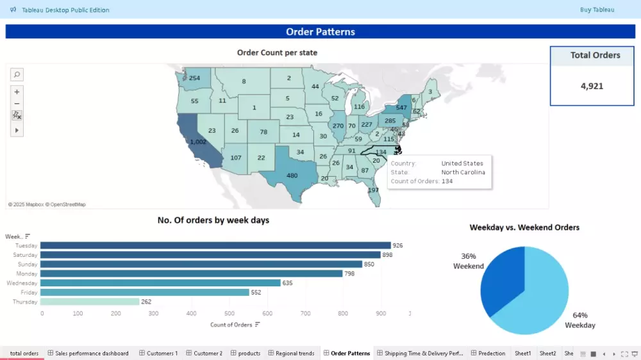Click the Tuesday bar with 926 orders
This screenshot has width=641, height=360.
[215, 245]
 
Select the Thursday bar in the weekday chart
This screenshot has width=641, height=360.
[90, 302]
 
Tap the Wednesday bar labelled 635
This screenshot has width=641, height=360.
[160, 283]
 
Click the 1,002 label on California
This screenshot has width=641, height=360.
[198, 142]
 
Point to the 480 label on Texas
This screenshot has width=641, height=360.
[292, 176]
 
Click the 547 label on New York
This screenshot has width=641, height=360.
[401, 108]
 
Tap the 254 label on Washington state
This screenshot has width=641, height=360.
[195, 78]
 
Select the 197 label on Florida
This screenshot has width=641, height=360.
[374, 190]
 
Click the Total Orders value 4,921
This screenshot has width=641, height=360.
[592, 86]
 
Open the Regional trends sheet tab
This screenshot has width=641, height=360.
[295, 353]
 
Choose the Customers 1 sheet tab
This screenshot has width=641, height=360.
[162, 353]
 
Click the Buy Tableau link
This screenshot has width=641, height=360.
[597, 10]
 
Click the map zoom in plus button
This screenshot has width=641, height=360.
[17, 92]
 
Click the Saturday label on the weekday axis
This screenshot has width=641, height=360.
[26, 255]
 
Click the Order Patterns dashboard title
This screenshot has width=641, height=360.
[320, 32]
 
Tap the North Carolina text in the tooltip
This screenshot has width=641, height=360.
[463, 172]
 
